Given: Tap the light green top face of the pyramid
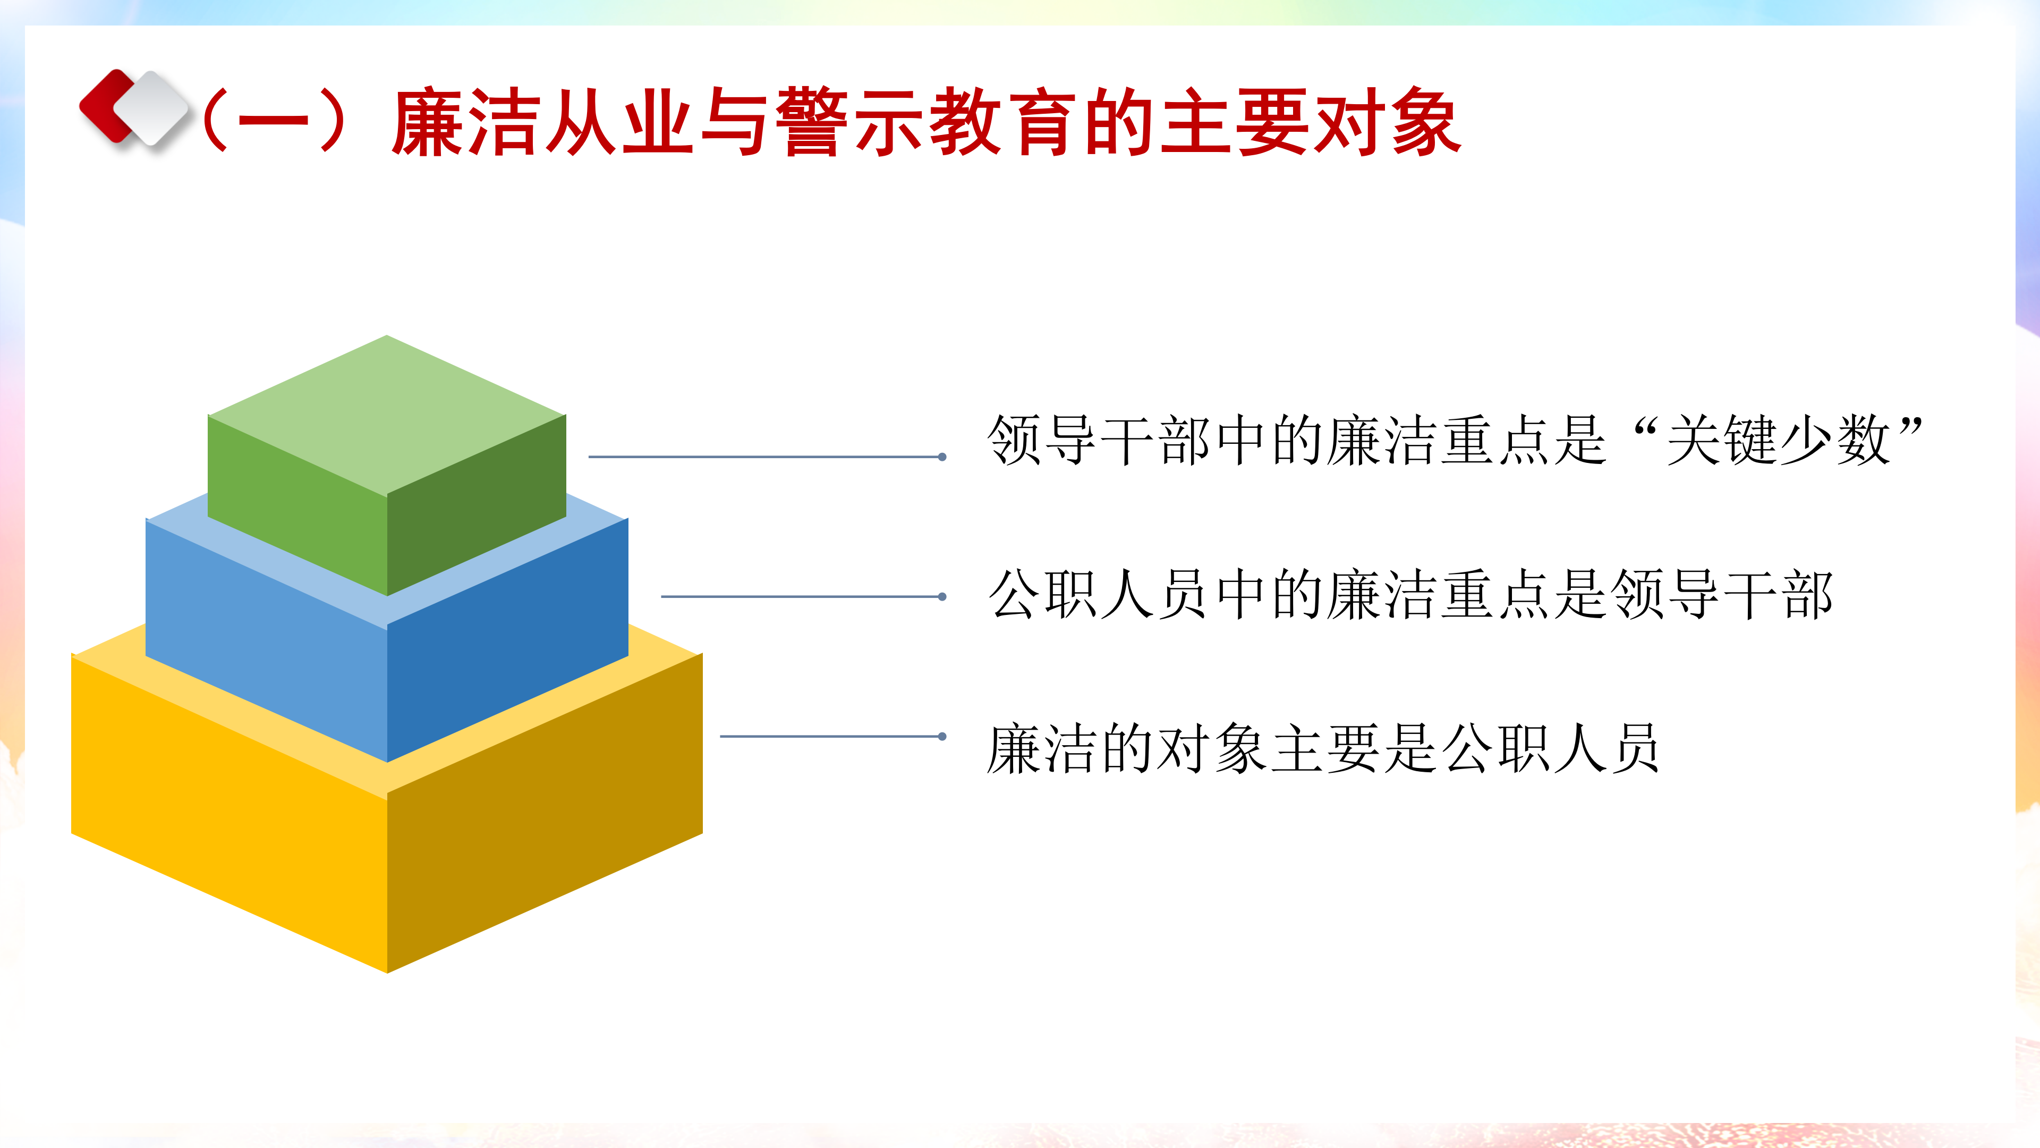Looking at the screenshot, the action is (x=386, y=415).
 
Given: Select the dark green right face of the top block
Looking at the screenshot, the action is (x=477, y=505).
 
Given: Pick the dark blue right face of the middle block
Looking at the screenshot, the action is (x=508, y=640).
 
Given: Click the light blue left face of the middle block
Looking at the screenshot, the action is (x=266, y=640).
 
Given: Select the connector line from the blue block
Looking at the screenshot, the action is (x=802, y=596).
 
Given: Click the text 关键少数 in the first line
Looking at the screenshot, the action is (x=1778, y=440).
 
